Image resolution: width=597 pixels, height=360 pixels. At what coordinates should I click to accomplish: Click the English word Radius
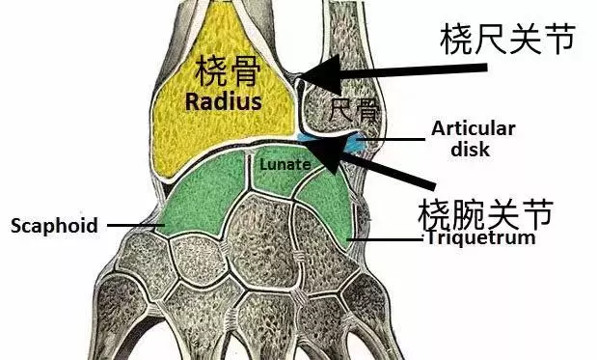coord(224,100)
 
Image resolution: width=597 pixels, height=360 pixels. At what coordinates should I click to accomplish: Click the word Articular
coord(474,128)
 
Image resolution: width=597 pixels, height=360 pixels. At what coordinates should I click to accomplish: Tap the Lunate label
coord(285,164)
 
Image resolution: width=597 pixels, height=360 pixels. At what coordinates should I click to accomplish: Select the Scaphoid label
coord(54,226)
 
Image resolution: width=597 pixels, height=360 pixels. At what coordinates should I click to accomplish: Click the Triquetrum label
coord(480,237)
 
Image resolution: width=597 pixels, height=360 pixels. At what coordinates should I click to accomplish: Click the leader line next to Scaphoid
coord(135,226)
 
